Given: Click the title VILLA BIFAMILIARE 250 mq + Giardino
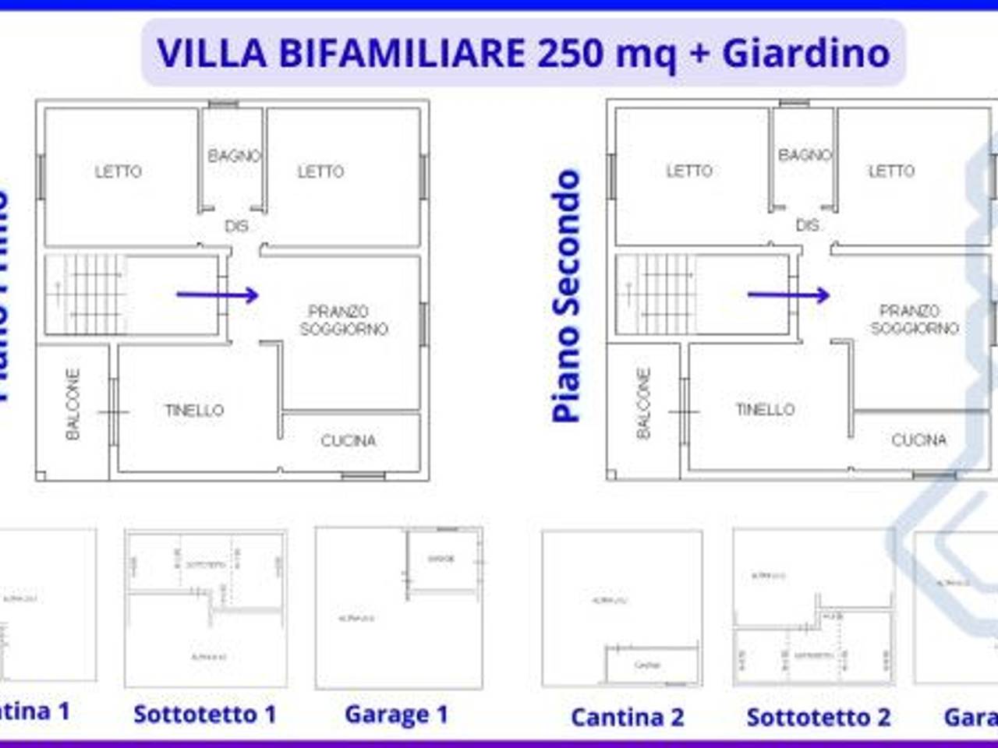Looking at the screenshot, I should pos(523,53).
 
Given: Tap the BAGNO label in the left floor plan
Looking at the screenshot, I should pos(233,156).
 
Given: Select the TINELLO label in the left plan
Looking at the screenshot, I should pos(194,410).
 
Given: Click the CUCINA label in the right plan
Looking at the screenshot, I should pos(918,440).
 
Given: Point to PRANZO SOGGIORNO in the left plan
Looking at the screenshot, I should pos(343,320).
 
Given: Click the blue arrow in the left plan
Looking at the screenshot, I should pos(218,295).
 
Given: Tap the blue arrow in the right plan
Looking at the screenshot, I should pos(788,295).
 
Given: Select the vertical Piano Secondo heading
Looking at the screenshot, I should pos(567,296).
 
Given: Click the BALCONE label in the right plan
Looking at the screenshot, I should pos(643,404).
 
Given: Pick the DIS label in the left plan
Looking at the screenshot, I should pos(236,226).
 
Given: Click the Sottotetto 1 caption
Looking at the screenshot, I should pos(205,714).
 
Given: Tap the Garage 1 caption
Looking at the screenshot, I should pos(396,714).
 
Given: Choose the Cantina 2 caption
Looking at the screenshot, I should pos(627,717).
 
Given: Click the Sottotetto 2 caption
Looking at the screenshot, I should pos(818,717).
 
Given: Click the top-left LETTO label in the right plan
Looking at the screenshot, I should pos(689,171).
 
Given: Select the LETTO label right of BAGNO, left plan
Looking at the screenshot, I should pos(320,171).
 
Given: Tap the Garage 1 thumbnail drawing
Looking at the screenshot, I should pos(398,608).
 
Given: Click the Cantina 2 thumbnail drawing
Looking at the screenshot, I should pos(622,608).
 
